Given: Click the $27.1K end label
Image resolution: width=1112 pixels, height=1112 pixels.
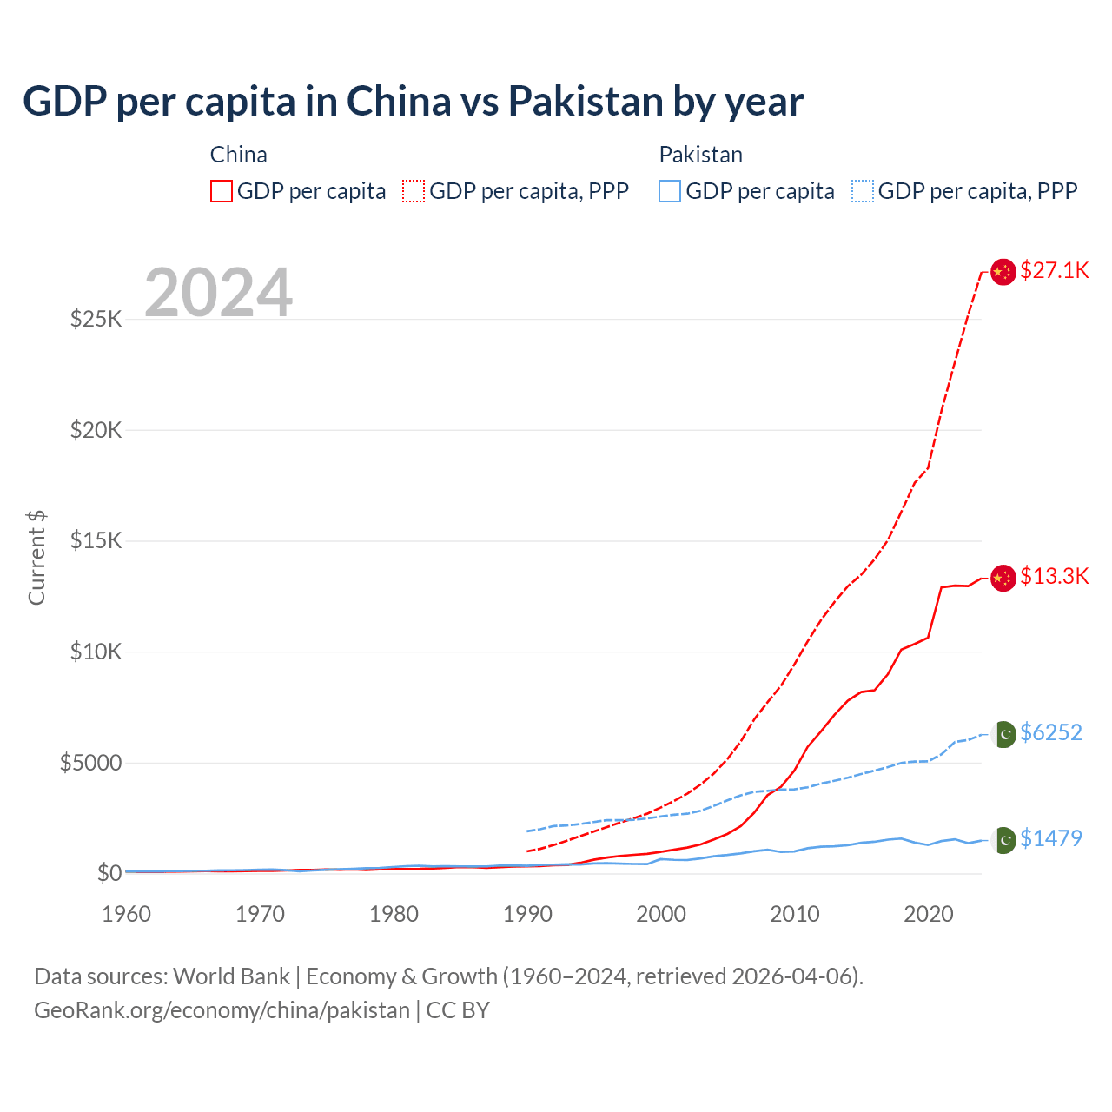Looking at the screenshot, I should click(x=1054, y=271).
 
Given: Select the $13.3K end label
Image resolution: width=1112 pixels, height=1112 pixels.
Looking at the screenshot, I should click(x=1054, y=577).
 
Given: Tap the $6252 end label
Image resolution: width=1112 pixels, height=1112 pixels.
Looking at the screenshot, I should click(x=1051, y=733).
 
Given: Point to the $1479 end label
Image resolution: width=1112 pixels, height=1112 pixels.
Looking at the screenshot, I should click(x=1051, y=839).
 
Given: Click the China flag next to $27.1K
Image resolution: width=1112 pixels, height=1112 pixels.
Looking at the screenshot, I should click(x=1003, y=272).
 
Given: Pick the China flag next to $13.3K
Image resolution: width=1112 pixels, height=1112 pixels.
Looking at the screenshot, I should click(x=1003, y=578).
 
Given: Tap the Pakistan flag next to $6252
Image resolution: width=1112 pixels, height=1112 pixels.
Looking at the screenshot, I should click(x=1004, y=734).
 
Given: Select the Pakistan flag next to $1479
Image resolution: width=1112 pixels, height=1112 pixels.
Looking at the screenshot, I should click(x=1004, y=840).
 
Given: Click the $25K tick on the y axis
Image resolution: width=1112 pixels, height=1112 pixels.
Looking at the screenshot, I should click(x=96, y=320).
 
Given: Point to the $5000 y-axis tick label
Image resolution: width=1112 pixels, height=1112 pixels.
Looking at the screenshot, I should click(x=91, y=764).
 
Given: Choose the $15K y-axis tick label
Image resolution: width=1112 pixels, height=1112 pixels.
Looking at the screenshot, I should click(x=96, y=541).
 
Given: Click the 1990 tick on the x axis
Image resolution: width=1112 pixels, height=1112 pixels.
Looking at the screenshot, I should click(x=527, y=915).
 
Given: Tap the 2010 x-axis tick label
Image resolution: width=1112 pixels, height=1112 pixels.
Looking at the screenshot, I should click(x=795, y=915).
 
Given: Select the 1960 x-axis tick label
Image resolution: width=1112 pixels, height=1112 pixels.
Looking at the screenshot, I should click(x=127, y=915).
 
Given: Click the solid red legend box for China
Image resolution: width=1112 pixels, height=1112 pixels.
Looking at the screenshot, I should click(x=222, y=191).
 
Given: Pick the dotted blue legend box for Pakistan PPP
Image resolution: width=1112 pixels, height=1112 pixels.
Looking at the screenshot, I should click(x=863, y=191).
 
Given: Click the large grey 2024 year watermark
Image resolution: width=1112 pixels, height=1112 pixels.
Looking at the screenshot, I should click(x=218, y=294).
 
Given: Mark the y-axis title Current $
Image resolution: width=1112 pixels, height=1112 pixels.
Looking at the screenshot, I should click(x=36, y=558).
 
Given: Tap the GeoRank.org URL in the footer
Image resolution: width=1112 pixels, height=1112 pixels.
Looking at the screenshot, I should click(x=222, y=1011).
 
